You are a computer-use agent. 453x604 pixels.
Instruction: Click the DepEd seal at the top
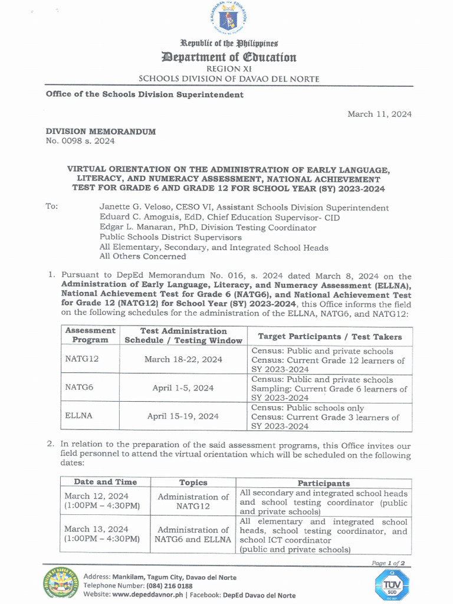pyautogui.click(x=228, y=19)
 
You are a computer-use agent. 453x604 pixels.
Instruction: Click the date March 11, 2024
pyautogui.click(x=379, y=114)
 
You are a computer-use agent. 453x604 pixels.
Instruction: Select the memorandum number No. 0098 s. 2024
pyautogui.click(x=80, y=141)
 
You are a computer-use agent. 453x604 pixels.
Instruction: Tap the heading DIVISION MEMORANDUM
pyautogui.click(x=101, y=132)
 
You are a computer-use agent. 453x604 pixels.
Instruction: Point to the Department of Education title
pyautogui.click(x=229, y=57)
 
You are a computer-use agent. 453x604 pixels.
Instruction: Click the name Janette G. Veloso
pyautogui.click(x=136, y=208)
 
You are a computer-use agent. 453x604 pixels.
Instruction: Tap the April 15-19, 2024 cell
pyautogui.click(x=183, y=416)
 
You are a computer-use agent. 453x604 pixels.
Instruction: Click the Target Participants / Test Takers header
pyautogui.click(x=330, y=336)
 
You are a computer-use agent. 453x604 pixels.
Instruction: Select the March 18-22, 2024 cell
pyautogui.click(x=183, y=359)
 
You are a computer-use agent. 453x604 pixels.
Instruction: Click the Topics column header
pyautogui.click(x=193, y=482)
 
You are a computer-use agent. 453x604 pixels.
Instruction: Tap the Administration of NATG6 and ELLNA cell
pyautogui.click(x=193, y=534)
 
